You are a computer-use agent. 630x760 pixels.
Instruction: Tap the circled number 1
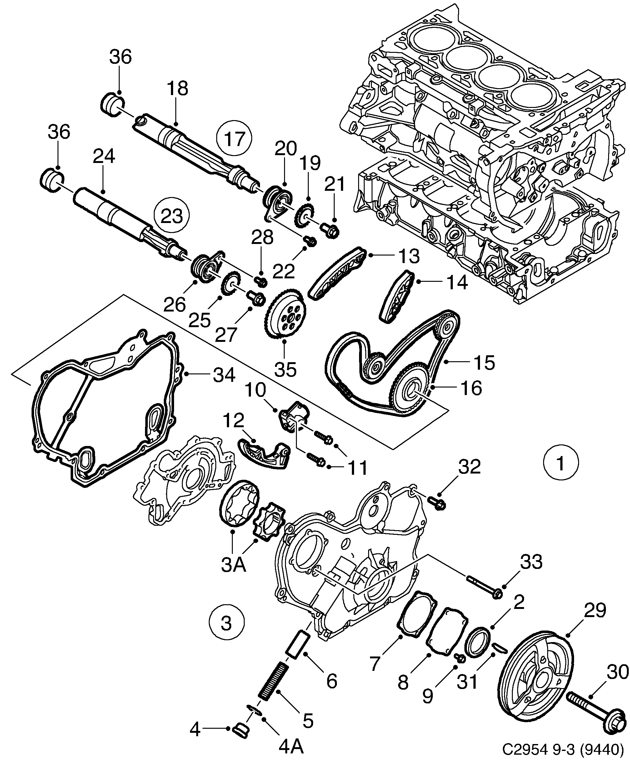pyautogui.click(x=561, y=464)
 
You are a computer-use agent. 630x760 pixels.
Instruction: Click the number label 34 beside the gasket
pyautogui.click(x=224, y=375)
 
